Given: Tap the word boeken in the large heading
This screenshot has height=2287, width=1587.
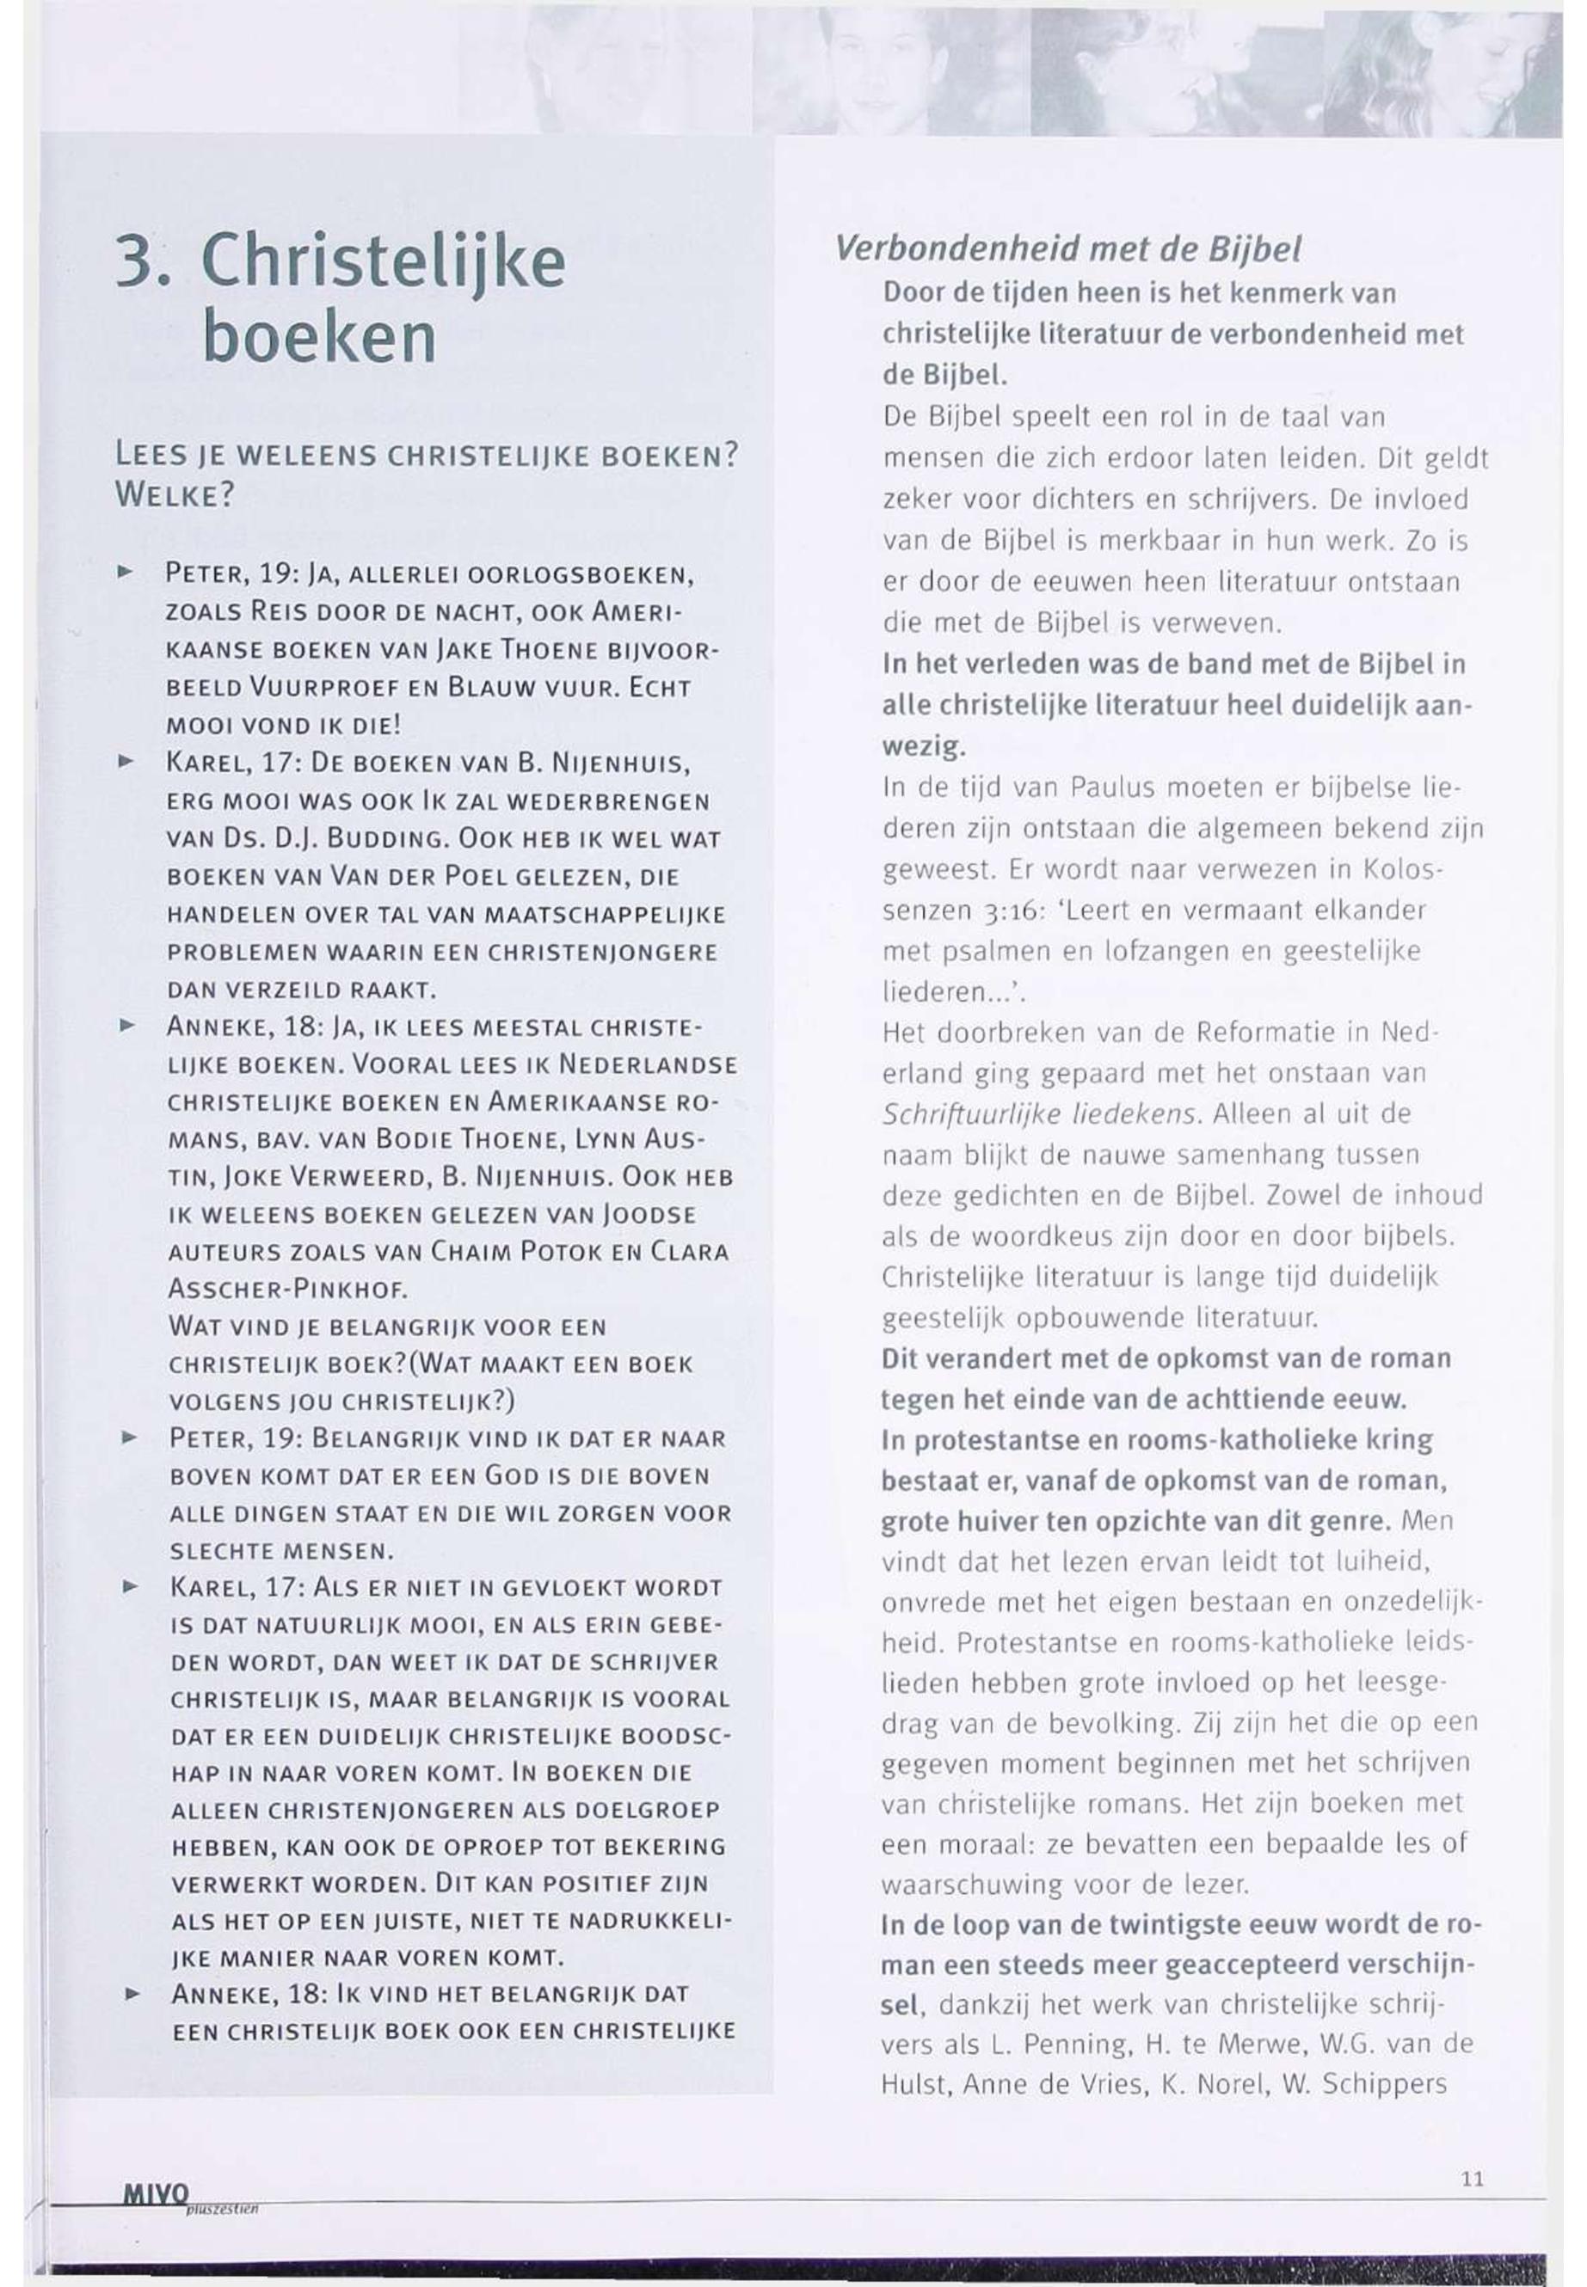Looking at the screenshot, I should coord(318,338).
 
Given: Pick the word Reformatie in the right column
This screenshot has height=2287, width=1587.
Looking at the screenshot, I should coord(1264,1032).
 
